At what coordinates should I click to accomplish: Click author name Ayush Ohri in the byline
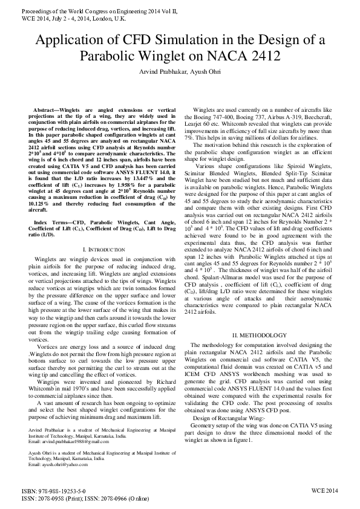(200, 72)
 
